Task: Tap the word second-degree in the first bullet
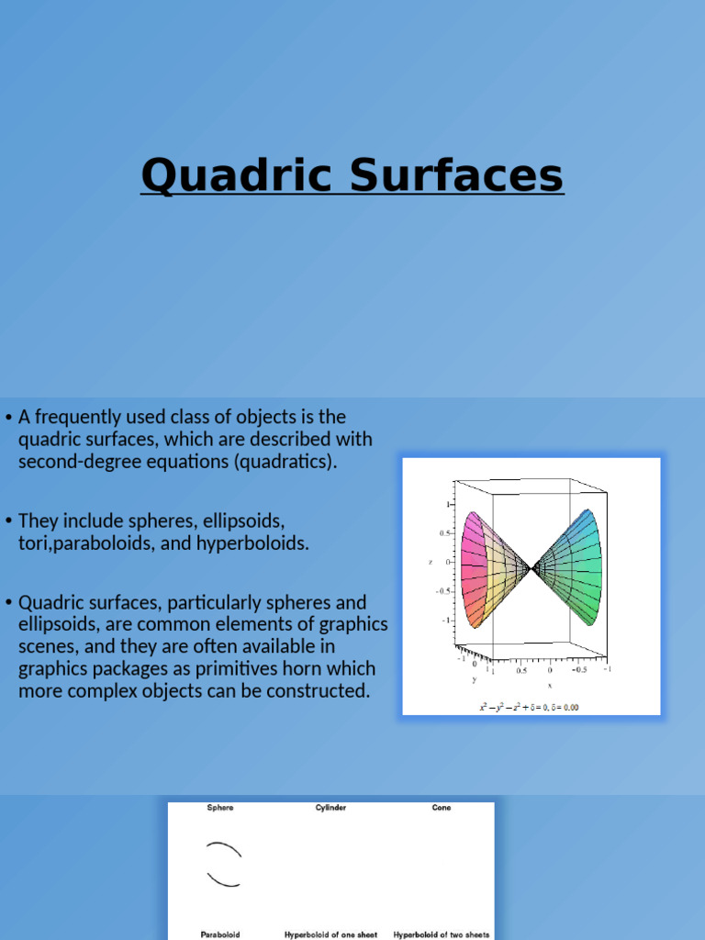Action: click(x=75, y=461)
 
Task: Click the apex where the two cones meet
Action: click(x=530, y=570)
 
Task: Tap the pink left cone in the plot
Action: click(x=484, y=570)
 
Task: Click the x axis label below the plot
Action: click(x=549, y=685)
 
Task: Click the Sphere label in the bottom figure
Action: click(x=220, y=808)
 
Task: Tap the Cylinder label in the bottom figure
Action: click(x=330, y=808)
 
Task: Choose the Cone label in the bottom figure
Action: click(x=441, y=808)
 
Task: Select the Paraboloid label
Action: click(x=220, y=934)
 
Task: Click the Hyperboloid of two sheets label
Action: click(x=441, y=934)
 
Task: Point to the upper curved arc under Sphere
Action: click(x=224, y=848)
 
